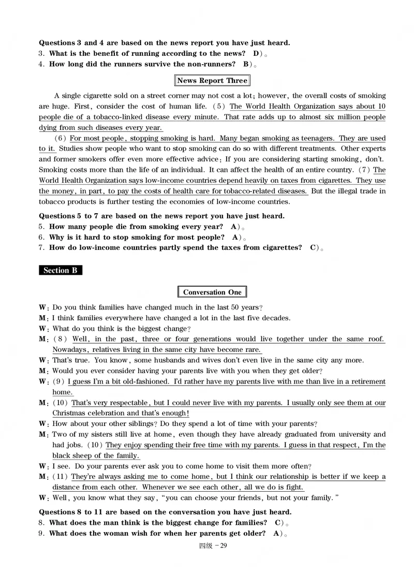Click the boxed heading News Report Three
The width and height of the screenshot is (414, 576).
coord(212,81)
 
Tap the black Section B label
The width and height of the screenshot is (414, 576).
coord(60,270)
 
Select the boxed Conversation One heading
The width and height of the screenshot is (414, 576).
coord(212,292)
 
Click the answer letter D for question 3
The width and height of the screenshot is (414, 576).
coord(256,54)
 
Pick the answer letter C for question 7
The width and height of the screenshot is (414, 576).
coord(313,248)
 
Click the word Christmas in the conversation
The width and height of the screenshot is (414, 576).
coord(70,413)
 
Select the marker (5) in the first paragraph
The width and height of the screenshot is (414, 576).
coord(219,107)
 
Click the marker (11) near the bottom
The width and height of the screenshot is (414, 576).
coord(61,477)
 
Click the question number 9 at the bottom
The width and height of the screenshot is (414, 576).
coord(42,534)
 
